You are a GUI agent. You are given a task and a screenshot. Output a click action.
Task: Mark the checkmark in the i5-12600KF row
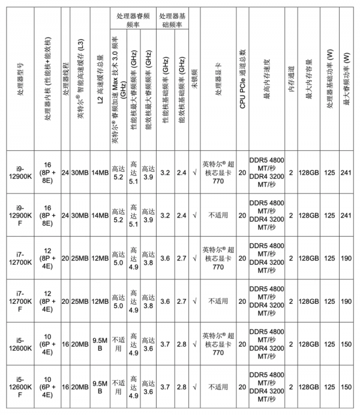[x=194, y=388]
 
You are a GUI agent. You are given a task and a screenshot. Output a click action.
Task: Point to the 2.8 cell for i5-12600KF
[x=181, y=388]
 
